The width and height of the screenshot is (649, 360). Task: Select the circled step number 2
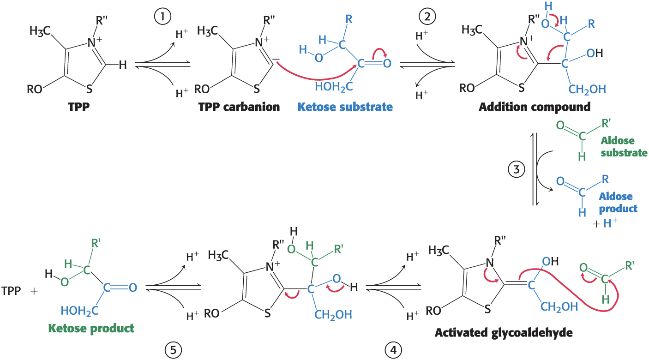click(x=427, y=17)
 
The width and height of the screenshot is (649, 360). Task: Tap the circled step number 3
click(x=516, y=169)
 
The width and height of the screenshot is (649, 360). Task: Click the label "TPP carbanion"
click(x=239, y=107)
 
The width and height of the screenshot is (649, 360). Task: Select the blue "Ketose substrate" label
click(x=345, y=107)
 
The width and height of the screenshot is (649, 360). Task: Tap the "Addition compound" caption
click(x=535, y=107)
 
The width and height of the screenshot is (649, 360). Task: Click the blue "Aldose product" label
click(x=619, y=202)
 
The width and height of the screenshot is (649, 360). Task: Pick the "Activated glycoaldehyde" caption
click(x=504, y=332)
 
